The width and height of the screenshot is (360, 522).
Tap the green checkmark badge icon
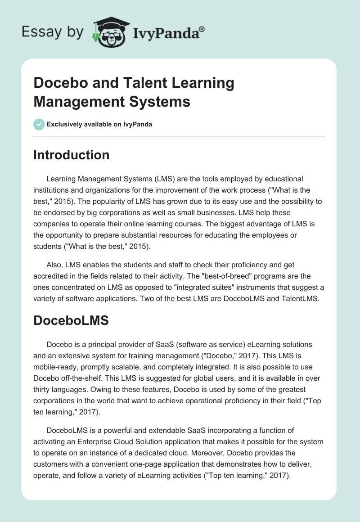pyautogui.click(x=39, y=124)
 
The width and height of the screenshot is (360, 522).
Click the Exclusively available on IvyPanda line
pyautogui.click(x=99, y=125)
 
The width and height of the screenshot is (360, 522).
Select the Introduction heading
pyautogui.click(x=71, y=155)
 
